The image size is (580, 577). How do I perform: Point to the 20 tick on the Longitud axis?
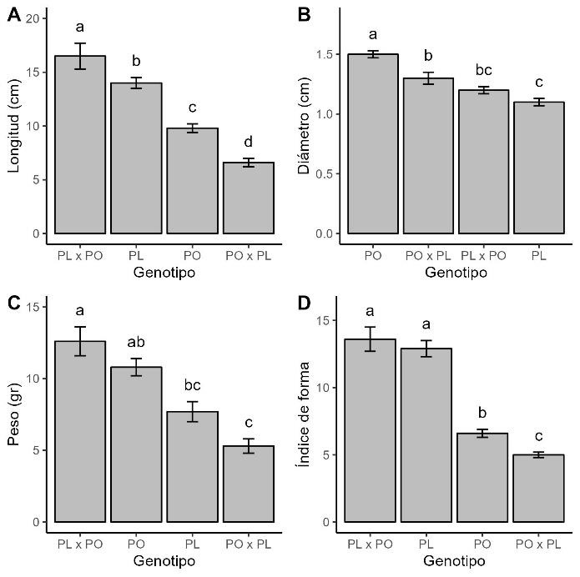[33, 18]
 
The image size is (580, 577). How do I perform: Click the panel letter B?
[305, 15]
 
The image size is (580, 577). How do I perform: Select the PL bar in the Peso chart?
[193, 467]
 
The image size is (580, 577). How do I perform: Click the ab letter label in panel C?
[136, 342]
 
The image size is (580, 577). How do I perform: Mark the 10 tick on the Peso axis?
[33, 379]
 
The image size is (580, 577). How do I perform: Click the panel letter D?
[305, 303]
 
